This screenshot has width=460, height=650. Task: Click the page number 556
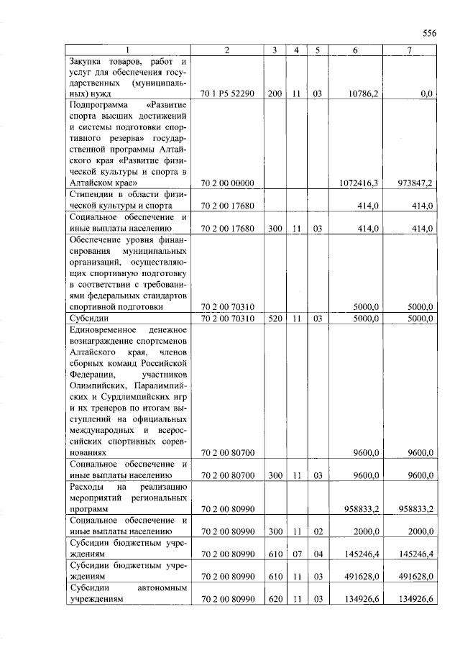(429, 33)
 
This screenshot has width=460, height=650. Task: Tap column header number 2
(226, 50)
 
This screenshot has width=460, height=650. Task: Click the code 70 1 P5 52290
(226, 94)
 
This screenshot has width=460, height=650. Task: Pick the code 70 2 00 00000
(226, 183)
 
